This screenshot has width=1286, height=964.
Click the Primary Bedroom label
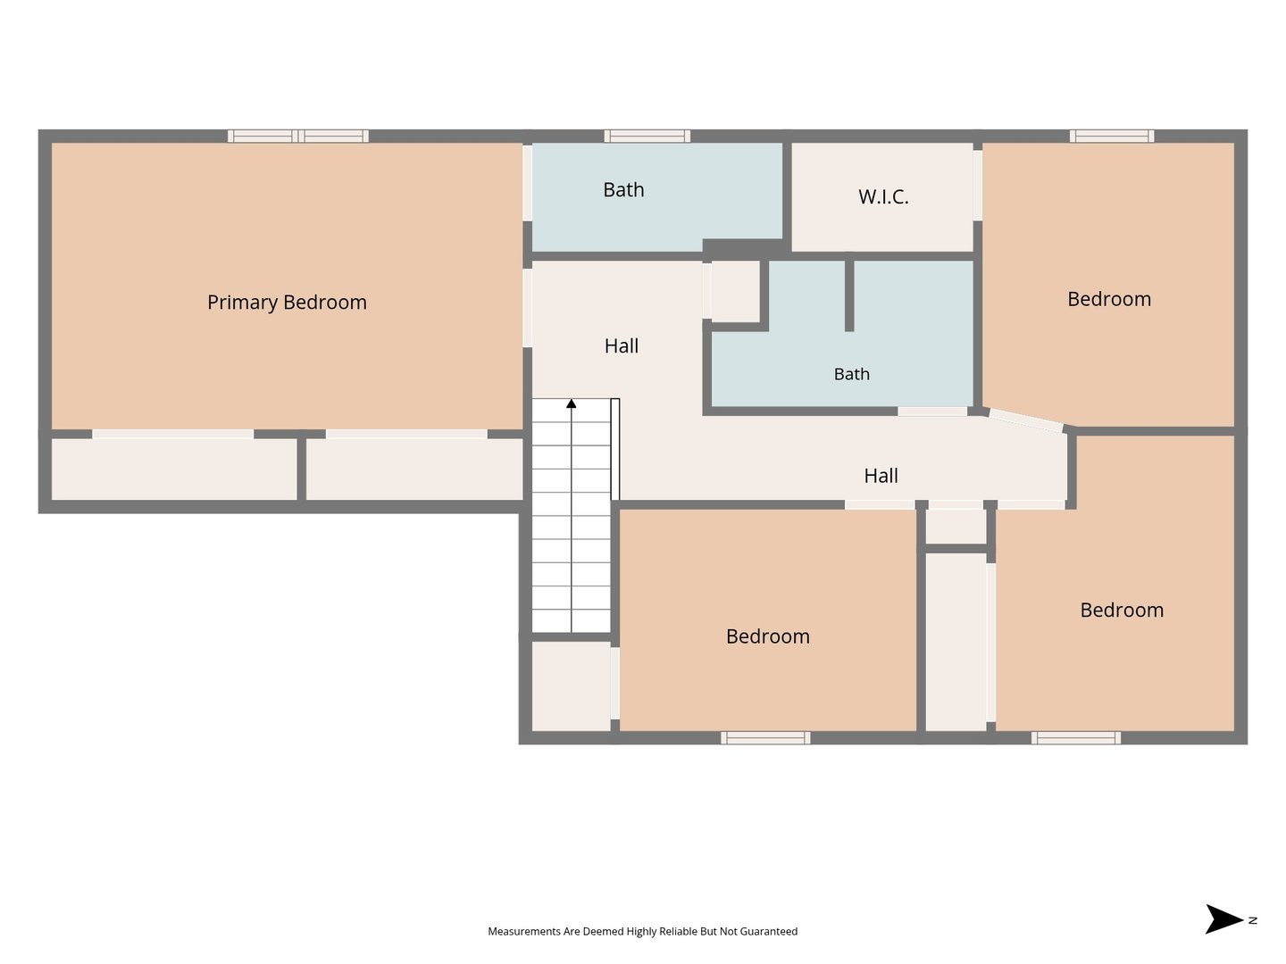point(287,302)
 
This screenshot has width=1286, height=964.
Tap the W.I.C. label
point(883,196)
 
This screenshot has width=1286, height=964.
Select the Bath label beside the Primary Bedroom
point(623,189)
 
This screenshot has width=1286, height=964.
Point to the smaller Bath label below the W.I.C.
point(851,373)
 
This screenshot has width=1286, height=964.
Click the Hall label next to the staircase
point(621,346)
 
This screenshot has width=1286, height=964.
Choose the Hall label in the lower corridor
point(881,475)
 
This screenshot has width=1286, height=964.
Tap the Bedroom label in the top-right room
point(1108,299)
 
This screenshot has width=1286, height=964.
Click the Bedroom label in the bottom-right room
point(1122,610)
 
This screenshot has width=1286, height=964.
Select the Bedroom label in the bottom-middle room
point(767,636)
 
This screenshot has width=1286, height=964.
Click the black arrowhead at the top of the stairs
point(572,403)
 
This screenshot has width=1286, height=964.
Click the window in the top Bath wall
point(647,137)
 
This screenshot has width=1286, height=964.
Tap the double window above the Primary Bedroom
point(298,137)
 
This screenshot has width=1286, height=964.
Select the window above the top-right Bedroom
point(1112,137)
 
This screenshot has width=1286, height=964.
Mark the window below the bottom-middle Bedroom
point(765,737)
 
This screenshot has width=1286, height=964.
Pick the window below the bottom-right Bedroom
point(1075,737)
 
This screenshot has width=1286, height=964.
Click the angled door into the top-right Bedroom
point(1026,420)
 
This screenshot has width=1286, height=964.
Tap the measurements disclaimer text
point(642,931)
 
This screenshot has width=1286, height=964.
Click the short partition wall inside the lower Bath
point(849,295)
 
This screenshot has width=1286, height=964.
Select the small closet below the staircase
point(571,686)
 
